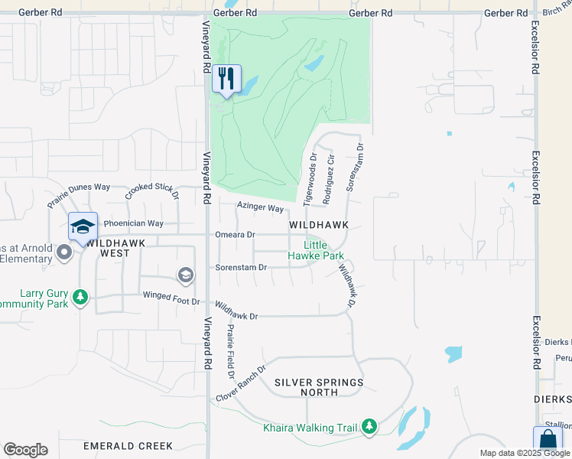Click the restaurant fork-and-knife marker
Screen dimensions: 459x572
(226, 79)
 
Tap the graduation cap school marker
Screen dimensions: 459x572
(83, 226)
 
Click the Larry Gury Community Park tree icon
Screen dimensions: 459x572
(80, 297)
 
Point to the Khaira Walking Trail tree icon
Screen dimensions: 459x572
(369, 425)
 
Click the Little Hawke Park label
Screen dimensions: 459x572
(316, 250)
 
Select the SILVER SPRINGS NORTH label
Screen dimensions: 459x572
(318, 387)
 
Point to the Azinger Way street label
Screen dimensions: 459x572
(260, 207)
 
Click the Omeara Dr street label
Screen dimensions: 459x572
(235, 235)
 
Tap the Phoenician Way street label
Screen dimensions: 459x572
(134, 223)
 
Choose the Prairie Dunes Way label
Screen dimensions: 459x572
(80, 196)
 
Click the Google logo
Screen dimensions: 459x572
(25, 450)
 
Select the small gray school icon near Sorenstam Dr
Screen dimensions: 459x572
(185, 274)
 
